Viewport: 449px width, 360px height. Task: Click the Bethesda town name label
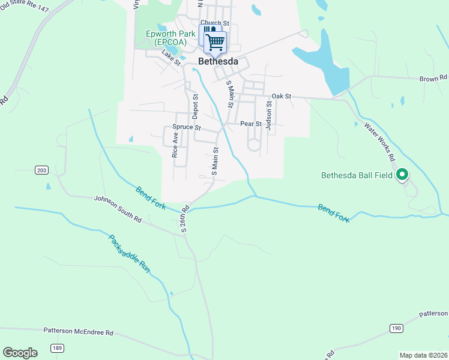coord(218,62)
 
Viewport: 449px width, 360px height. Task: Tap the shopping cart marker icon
coord(215,42)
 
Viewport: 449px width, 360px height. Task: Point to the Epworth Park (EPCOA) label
coord(170,38)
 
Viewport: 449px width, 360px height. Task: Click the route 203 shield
coord(41,170)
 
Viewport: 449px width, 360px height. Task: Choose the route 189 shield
coord(57,347)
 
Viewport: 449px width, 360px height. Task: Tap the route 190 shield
coord(395,328)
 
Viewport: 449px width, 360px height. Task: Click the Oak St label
coord(281,96)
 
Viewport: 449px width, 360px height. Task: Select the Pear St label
coord(250,124)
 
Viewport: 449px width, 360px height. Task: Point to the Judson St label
coord(269,115)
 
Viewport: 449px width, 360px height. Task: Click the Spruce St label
coord(186,128)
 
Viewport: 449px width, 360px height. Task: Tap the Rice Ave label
coord(175,145)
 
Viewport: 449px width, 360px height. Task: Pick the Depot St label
coord(195,106)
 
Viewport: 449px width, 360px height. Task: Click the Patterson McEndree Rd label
coord(78,331)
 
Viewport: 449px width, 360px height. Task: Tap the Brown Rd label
coord(433,78)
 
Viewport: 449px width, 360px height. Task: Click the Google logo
coord(20,352)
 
